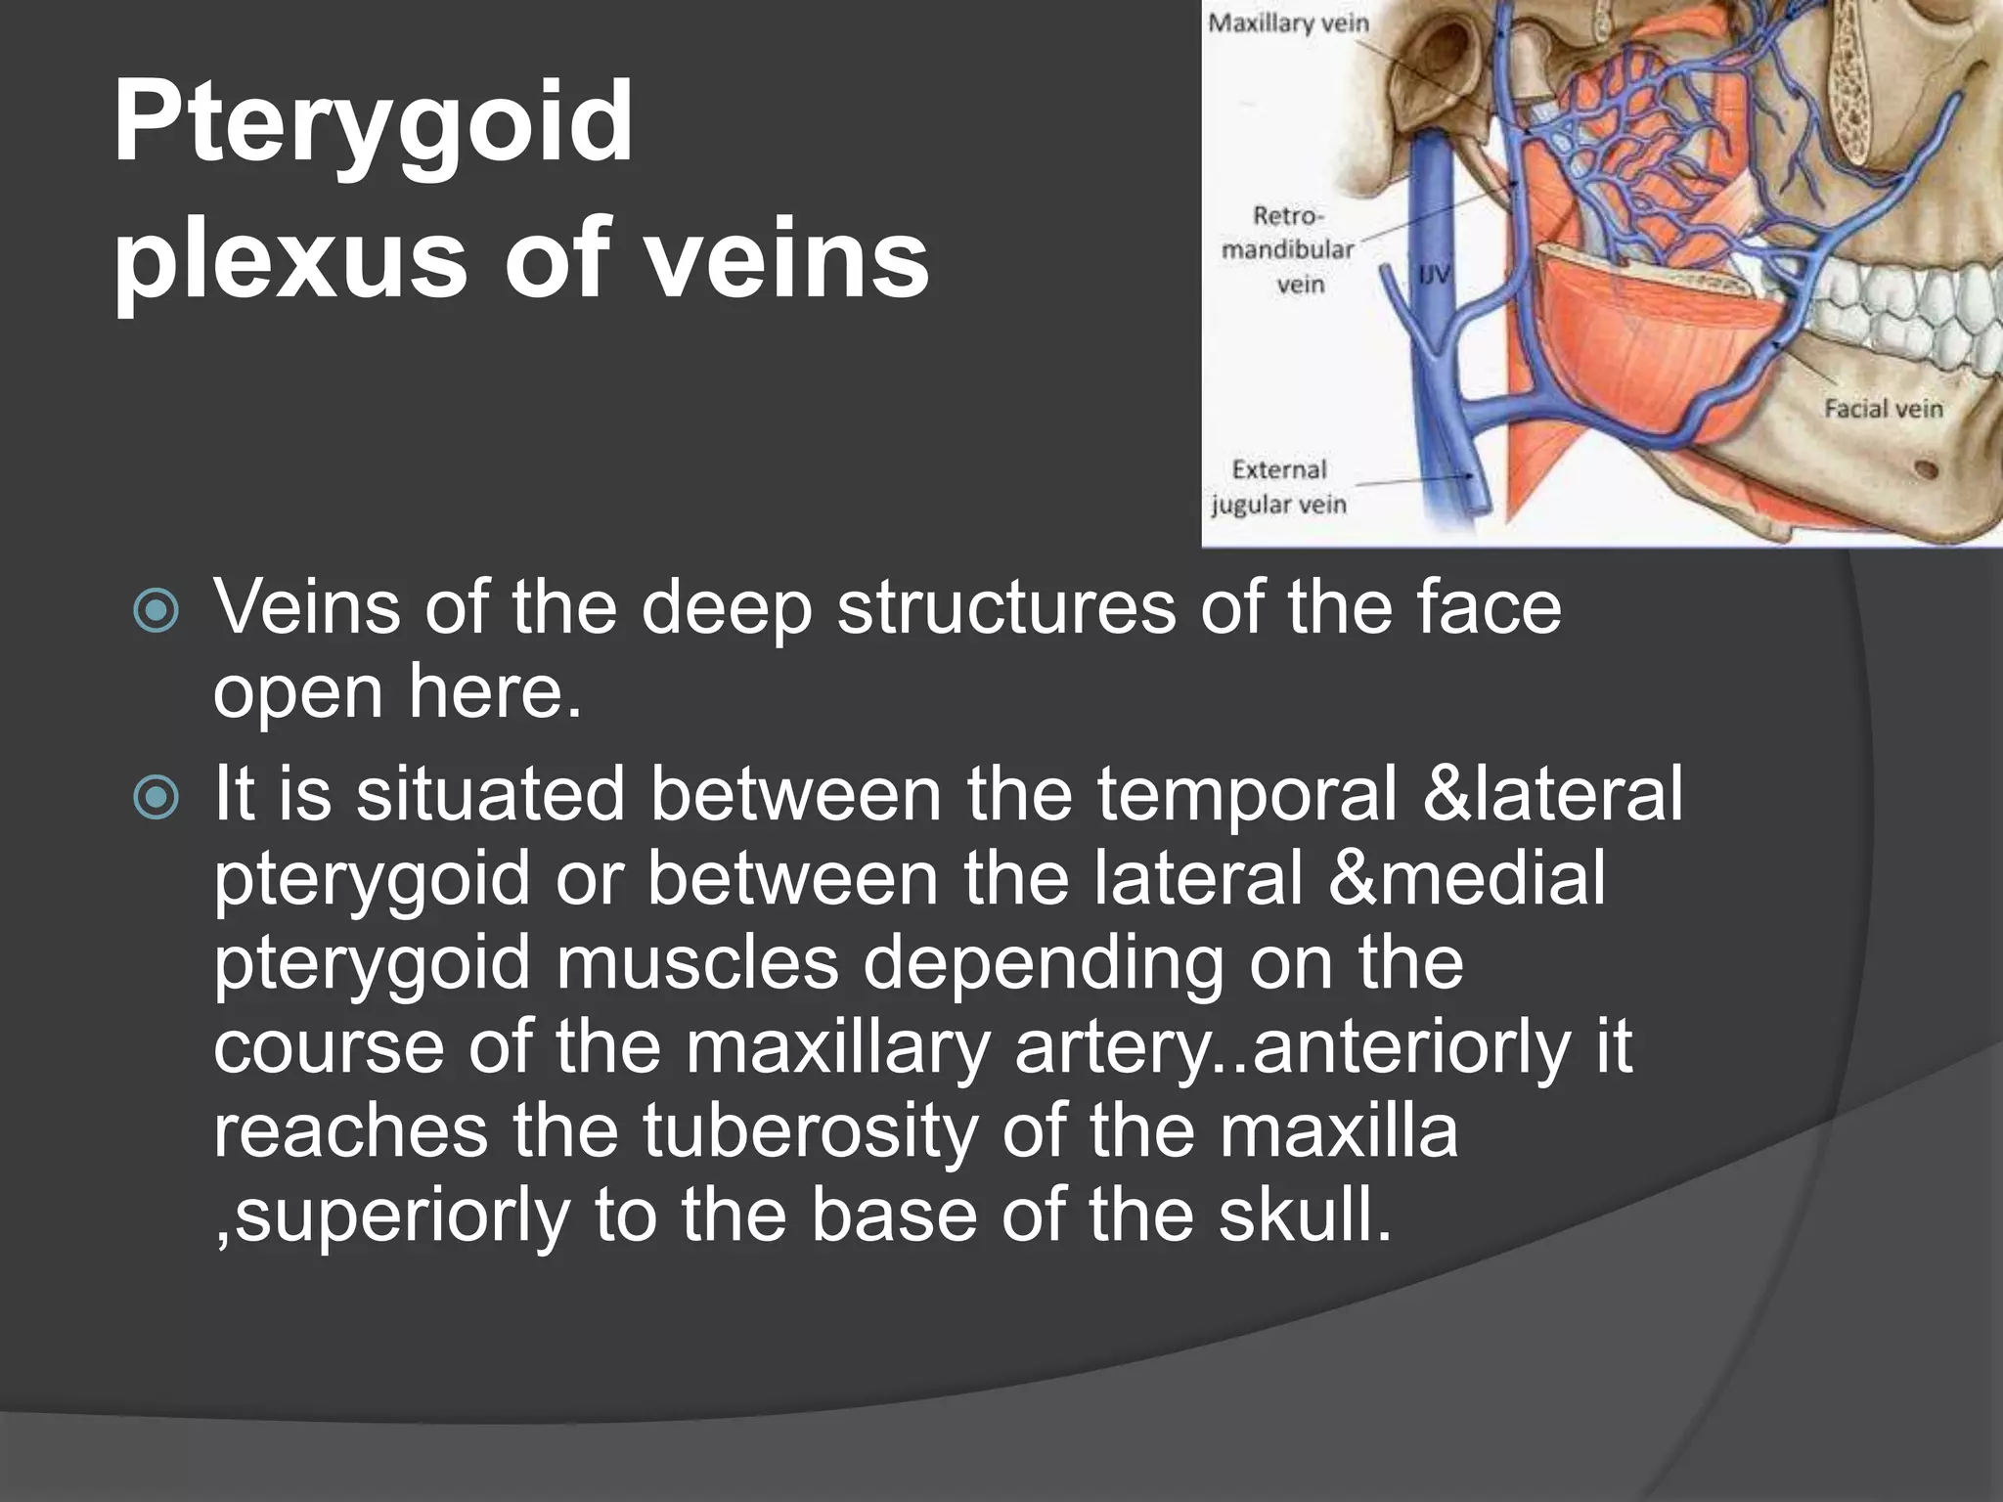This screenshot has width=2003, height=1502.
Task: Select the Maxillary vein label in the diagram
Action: [x=1288, y=22]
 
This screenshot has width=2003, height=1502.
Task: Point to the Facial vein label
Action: [x=1883, y=408]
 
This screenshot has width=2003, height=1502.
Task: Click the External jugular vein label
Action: [x=1278, y=487]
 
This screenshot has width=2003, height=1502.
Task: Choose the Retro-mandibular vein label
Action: [x=1288, y=249]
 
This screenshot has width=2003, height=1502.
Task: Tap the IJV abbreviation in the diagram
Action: [x=1434, y=277]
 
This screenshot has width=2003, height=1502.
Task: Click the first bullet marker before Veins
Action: [x=156, y=611]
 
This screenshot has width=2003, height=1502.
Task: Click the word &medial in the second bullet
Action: [x=1467, y=878]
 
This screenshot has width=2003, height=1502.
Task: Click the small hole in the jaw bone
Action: [x=1926, y=469]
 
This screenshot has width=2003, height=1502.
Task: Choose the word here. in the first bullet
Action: [x=494, y=692]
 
